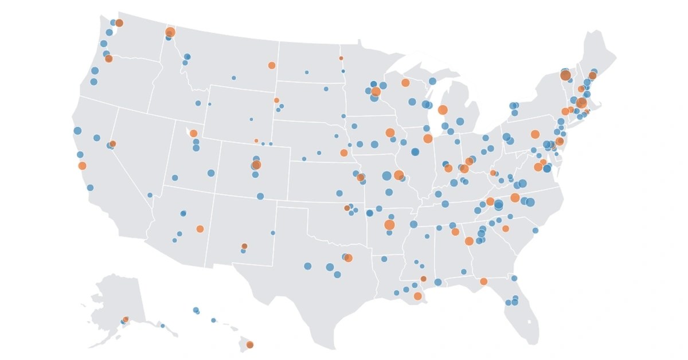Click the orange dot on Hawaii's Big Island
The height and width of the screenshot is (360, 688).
(250, 345)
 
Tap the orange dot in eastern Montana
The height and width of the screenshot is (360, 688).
(272, 65)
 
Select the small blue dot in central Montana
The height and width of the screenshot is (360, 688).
(234, 77)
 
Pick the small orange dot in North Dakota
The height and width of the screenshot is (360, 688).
(341, 58)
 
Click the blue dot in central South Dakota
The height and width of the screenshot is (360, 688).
(326, 89)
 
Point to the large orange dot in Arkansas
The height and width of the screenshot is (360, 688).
(390, 225)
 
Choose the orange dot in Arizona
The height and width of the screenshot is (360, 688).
(200, 229)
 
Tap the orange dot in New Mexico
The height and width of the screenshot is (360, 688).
(245, 246)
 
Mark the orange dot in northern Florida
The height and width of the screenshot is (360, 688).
(484, 281)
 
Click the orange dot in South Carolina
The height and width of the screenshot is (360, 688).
(506, 229)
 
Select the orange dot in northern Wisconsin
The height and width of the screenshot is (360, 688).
(405, 83)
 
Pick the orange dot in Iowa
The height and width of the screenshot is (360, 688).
(390, 132)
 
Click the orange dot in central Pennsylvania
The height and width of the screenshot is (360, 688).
(535, 134)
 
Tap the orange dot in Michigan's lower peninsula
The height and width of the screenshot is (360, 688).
(443, 109)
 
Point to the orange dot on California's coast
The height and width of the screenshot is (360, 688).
(82, 166)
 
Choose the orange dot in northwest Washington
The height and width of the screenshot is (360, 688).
(119, 23)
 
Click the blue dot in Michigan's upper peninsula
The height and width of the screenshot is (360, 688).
(432, 81)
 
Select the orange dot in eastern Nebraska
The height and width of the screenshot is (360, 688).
(344, 153)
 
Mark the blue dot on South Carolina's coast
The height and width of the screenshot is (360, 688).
(535, 230)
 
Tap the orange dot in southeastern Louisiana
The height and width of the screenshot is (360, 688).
(418, 296)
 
